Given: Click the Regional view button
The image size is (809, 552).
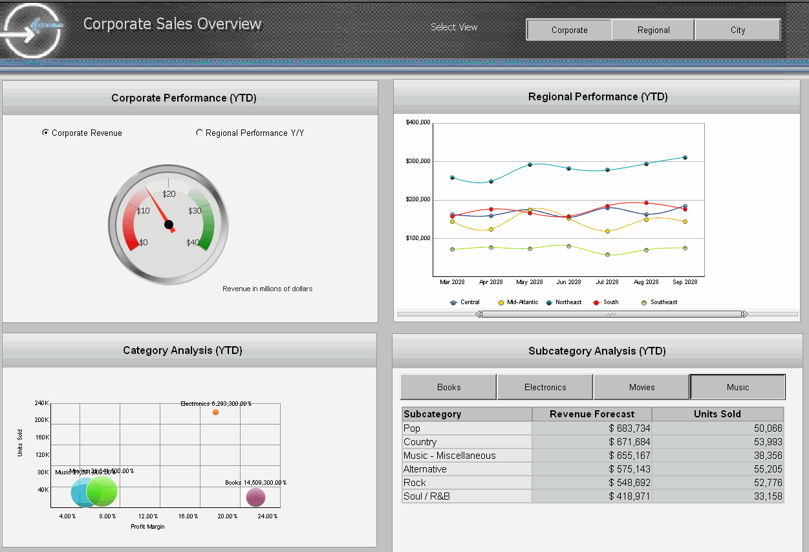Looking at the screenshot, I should point(653,30).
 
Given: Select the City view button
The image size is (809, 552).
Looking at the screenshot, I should point(738,30).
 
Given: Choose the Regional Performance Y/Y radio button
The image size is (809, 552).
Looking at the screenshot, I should point(199,133).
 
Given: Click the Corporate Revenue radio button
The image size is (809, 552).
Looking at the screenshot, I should point(45,133).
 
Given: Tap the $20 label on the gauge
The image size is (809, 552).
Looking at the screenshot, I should point(169,193).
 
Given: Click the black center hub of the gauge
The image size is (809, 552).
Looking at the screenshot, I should point(169,225).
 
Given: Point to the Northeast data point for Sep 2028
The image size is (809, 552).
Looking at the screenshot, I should point(685,157).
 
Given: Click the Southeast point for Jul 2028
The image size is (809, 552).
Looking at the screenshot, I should point(607,255).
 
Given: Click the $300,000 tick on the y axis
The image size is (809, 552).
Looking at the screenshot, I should point(418,161).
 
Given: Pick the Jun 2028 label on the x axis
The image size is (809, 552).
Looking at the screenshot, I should point(568,282).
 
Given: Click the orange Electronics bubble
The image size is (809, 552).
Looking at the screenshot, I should point(215,412).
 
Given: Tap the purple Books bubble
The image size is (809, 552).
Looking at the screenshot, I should point(255,498).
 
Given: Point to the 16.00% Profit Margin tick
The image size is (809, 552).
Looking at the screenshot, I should point(188,516).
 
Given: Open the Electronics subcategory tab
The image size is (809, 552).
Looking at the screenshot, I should point(545,387).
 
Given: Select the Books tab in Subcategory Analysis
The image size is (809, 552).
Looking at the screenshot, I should point(449,387).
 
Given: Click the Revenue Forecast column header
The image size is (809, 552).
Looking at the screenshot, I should point(592,414).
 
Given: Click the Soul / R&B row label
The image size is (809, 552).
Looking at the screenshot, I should point(426,496).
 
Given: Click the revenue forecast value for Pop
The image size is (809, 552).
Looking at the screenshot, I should point(629,428).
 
